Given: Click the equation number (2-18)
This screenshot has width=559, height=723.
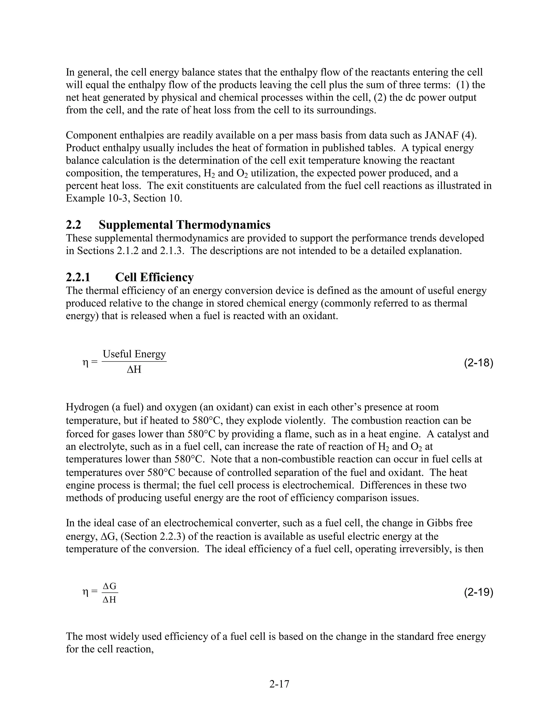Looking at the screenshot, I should pos(478,363).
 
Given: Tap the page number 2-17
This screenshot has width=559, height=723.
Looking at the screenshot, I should pos(279,684).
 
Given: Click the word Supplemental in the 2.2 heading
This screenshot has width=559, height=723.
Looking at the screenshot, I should pos(136,225).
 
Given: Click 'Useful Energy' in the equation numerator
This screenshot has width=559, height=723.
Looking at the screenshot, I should pos(134,354).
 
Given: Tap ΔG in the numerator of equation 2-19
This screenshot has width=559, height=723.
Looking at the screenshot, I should pos(110,586).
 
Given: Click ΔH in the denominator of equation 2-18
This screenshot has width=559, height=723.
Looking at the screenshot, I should pos(134,370).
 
